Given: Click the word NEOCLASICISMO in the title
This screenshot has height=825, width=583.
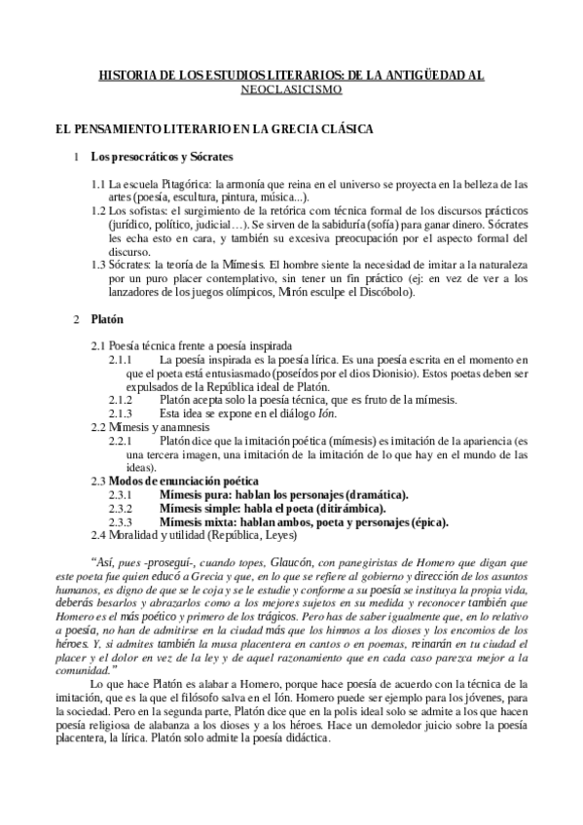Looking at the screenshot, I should (x=290, y=87).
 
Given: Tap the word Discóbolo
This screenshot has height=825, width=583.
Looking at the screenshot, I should (x=385, y=291).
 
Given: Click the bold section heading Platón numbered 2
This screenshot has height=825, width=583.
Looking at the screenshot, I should (x=107, y=318).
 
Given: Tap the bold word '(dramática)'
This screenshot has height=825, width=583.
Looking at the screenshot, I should (x=363, y=494).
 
